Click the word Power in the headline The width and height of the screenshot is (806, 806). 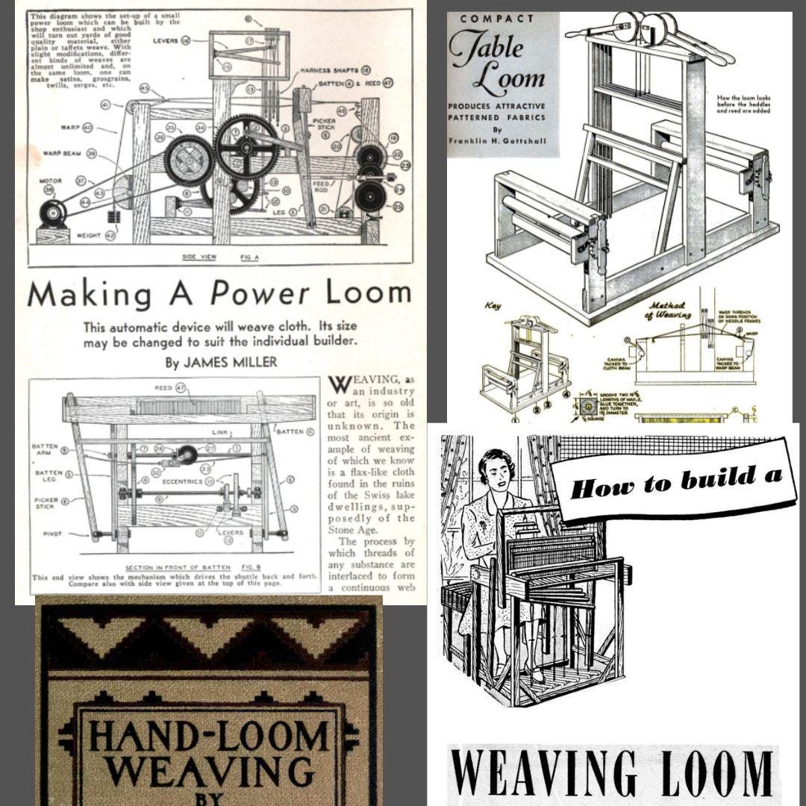click(x=260, y=293)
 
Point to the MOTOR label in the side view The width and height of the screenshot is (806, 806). click(x=51, y=181)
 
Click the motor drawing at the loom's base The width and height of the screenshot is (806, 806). click(x=53, y=215)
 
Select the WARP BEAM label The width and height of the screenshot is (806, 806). click(x=61, y=153)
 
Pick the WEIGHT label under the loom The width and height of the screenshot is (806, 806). click(x=90, y=236)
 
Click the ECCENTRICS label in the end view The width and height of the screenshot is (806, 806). click(x=183, y=481)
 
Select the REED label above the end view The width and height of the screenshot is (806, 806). click(x=164, y=387)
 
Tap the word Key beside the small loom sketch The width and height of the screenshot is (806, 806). click(x=493, y=305)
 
